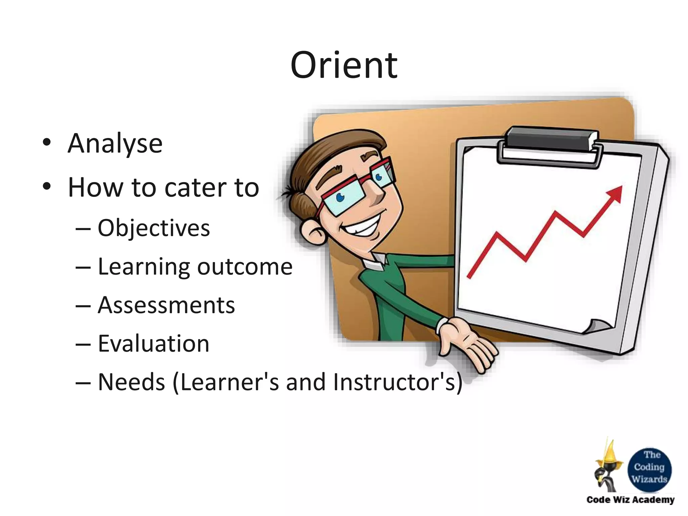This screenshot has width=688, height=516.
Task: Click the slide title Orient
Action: point(344,66)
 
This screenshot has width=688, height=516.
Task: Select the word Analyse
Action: point(115,144)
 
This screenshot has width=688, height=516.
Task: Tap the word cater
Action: point(196,187)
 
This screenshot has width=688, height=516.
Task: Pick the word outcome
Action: point(245,267)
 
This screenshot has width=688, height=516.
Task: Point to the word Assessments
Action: point(166,306)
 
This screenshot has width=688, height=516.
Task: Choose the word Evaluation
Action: point(154,344)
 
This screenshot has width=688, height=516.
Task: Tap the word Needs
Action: point(131,382)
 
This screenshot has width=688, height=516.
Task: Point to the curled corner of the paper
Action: point(596,326)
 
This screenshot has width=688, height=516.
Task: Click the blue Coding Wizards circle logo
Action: point(649,470)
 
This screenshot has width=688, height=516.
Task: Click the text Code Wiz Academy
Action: point(630,500)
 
